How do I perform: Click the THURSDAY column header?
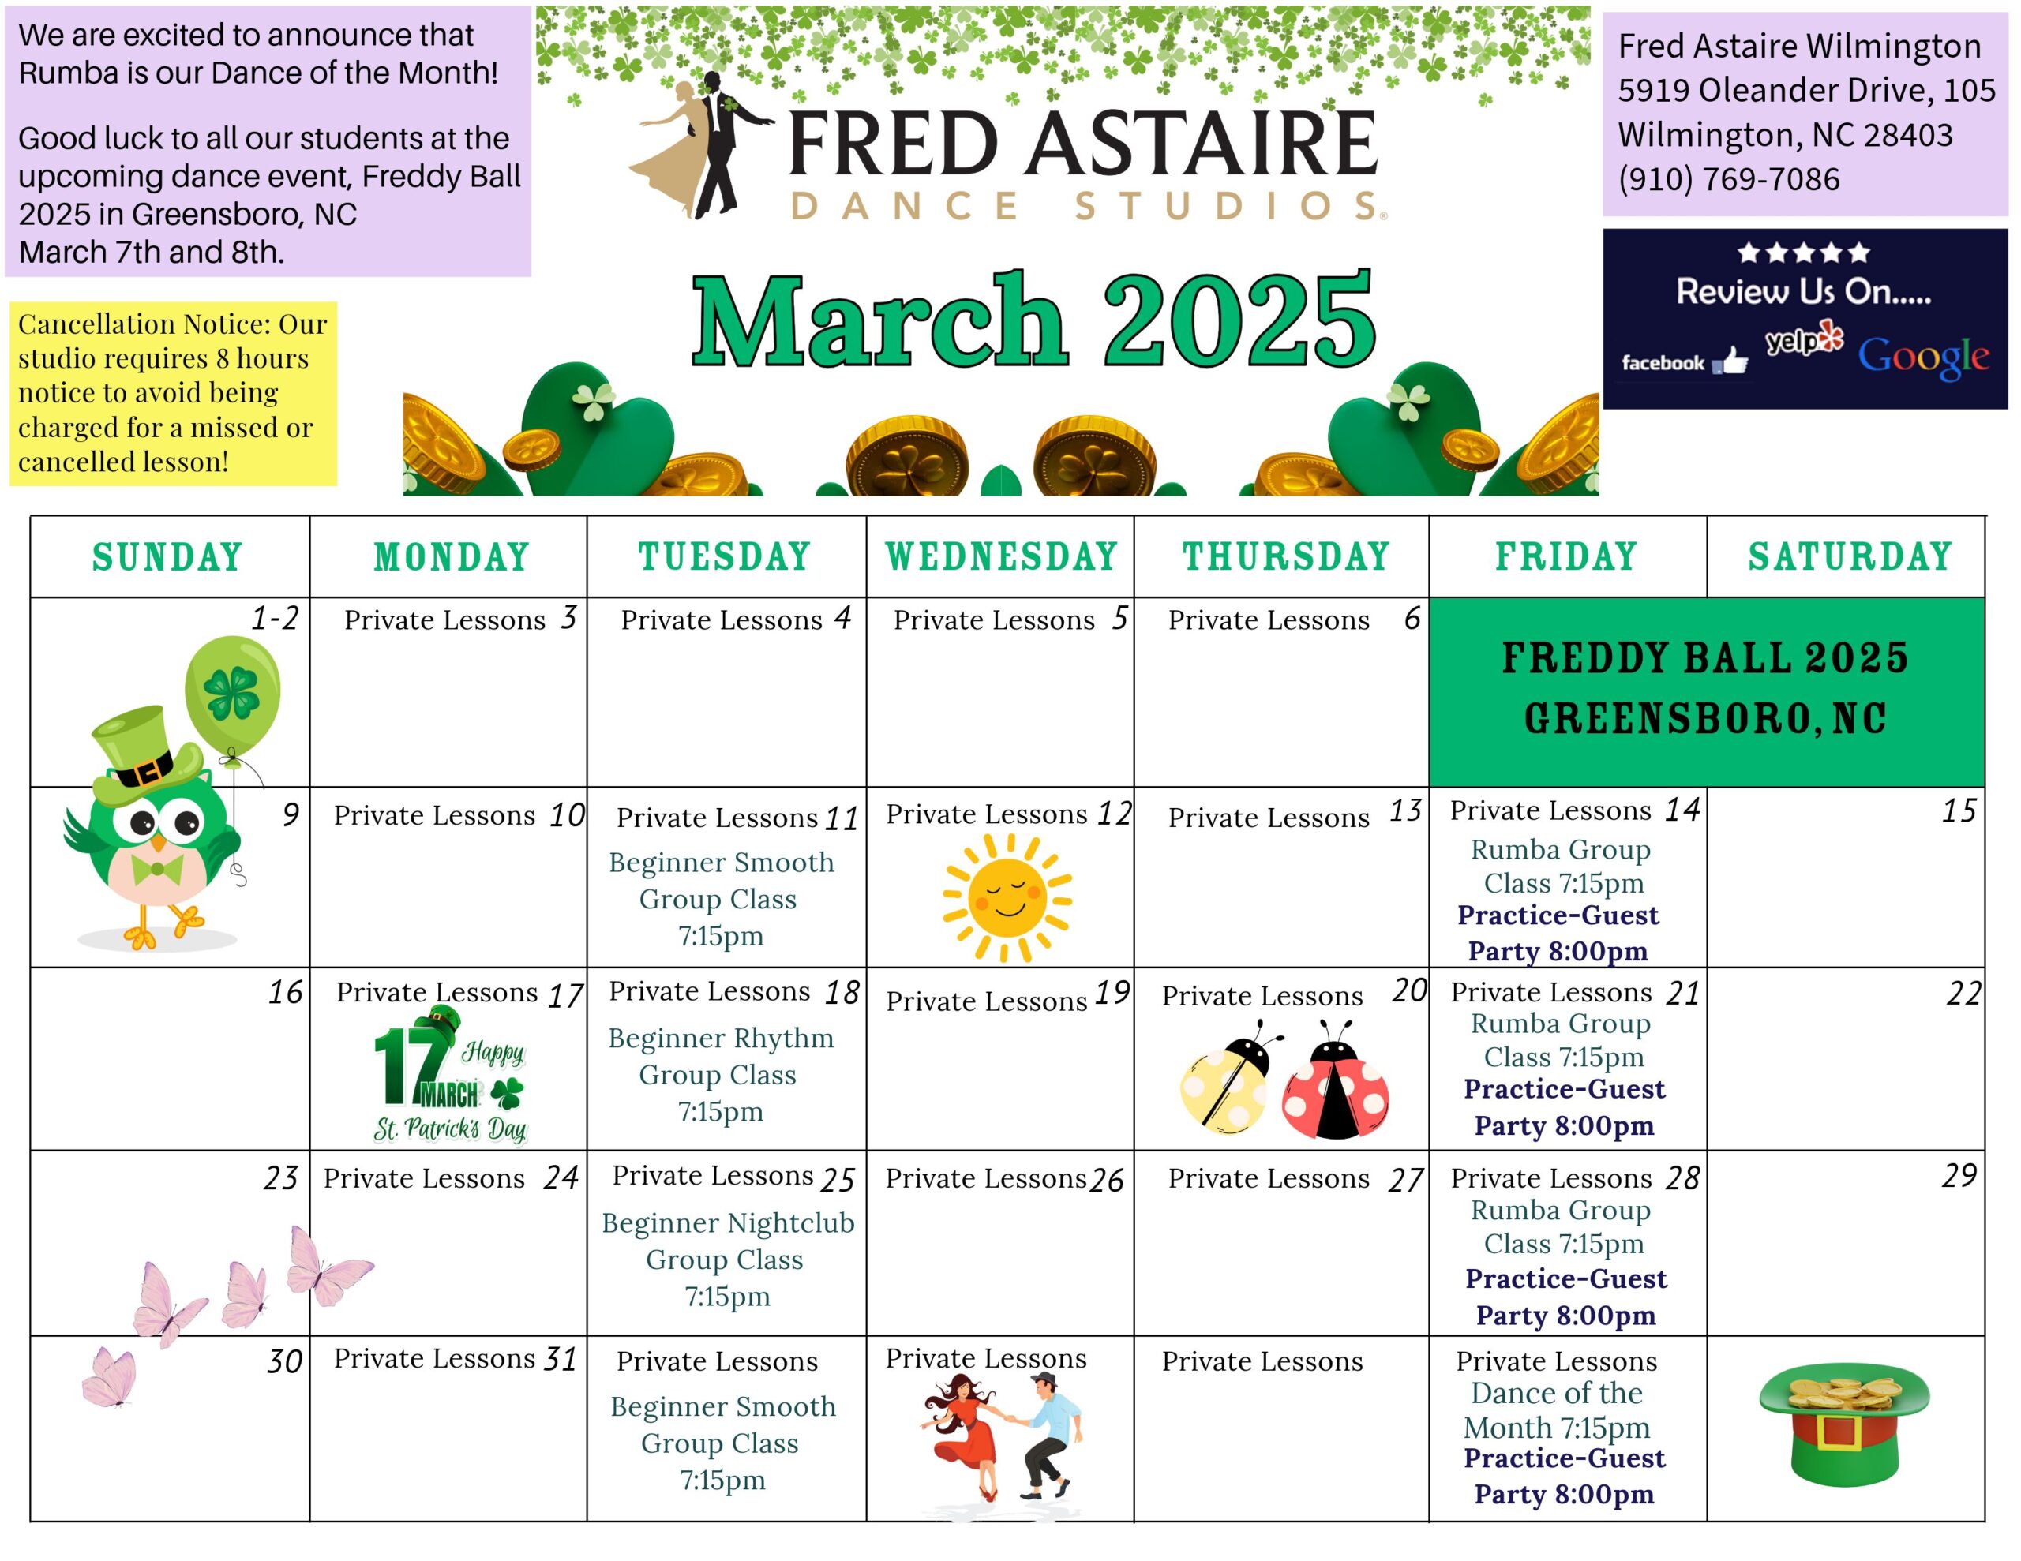[x=1286, y=557]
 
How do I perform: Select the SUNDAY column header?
[x=167, y=558]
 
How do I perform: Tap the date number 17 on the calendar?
[x=565, y=996]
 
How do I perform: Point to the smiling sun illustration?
[x=1007, y=897]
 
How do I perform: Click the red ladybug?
[x=1334, y=1080]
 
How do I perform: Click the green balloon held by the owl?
[x=232, y=693]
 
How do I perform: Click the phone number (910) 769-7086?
[x=1729, y=178]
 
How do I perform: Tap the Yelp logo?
[x=1805, y=339]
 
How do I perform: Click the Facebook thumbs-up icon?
[x=1730, y=361]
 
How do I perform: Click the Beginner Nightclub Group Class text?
[x=727, y=1260]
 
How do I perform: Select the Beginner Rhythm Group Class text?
[x=720, y=1074]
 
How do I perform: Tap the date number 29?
[x=1960, y=1175]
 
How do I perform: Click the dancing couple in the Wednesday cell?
[x=1001, y=1437]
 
